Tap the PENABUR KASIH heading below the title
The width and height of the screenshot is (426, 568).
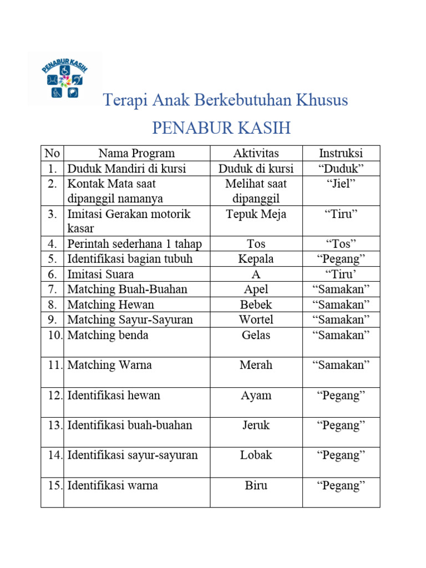[x=221, y=128]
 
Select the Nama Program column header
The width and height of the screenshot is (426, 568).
[x=136, y=154]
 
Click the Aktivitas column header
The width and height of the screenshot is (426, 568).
[x=256, y=154]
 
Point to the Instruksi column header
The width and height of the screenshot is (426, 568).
[x=341, y=154]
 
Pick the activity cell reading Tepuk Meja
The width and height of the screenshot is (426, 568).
[x=256, y=214]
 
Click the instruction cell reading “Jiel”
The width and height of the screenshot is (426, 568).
[x=341, y=184]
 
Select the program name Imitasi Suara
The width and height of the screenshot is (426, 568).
[x=100, y=274]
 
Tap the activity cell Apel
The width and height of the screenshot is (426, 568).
[x=256, y=289]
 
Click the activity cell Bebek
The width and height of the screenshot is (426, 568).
[x=256, y=305]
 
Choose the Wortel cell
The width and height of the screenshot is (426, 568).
[x=256, y=319]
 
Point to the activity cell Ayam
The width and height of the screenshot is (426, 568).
[x=256, y=395]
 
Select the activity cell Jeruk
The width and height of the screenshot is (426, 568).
[x=256, y=425]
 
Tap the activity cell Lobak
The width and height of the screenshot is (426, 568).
[x=256, y=455]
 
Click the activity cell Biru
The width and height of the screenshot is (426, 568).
[x=256, y=485]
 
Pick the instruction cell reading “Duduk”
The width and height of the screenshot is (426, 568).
[x=341, y=169]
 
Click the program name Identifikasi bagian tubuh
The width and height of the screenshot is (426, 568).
[x=130, y=259]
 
